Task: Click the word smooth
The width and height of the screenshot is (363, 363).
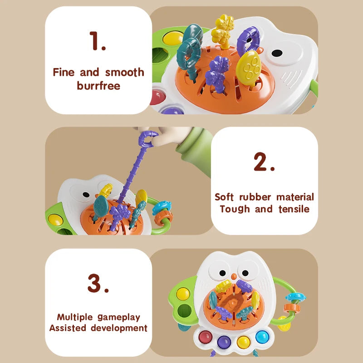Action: click(125, 72)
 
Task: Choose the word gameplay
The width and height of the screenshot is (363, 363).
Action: click(119, 317)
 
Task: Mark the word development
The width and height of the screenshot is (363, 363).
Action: click(119, 328)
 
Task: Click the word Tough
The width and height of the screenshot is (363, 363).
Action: click(235, 209)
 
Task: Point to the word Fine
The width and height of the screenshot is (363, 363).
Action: click(64, 72)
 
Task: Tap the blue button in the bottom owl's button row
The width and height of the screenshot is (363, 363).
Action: click(262, 337)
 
